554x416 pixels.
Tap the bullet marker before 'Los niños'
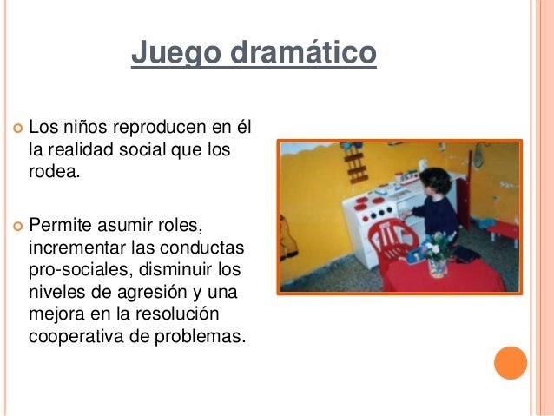[x=17, y=128]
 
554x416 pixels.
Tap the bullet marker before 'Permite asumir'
[x=17, y=226]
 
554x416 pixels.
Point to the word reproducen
[x=160, y=128]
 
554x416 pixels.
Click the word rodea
[x=54, y=171]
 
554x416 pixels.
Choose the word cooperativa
[x=76, y=337]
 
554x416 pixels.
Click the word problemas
[x=200, y=336]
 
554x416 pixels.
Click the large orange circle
[x=511, y=363]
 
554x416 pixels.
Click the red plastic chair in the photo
[x=392, y=240]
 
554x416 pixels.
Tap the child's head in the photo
[x=436, y=181]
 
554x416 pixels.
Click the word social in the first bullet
[x=142, y=149]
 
